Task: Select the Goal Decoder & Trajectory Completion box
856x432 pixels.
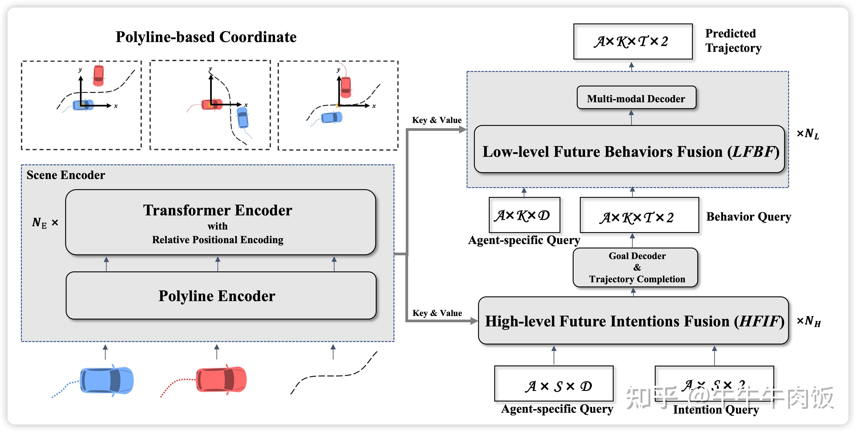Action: pyautogui.click(x=635, y=267)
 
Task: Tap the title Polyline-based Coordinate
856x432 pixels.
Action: pyautogui.click(x=206, y=37)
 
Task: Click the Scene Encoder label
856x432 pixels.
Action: pyautogui.click(x=66, y=175)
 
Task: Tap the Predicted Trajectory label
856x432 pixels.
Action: pyautogui.click(x=733, y=41)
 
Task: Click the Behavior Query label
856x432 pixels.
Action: pyautogui.click(x=748, y=216)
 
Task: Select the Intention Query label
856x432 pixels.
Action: pyautogui.click(x=716, y=409)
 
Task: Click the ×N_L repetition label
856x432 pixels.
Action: pyautogui.click(x=807, y=133)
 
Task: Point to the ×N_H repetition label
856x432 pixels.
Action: pyautogui.click(x=808, y=321)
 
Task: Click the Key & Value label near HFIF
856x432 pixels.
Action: pyautogui.click(x=437, y=313)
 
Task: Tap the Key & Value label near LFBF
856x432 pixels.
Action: pyautogui.click(x=437, y=120)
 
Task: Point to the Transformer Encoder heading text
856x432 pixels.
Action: pyautogui.click(x=218, y=210)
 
